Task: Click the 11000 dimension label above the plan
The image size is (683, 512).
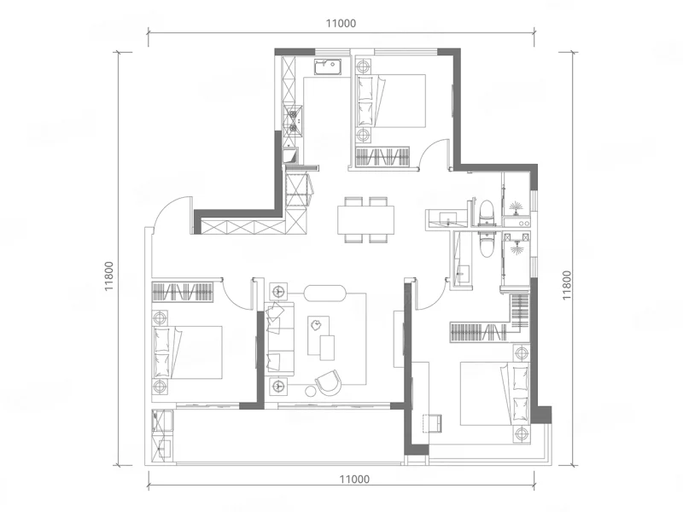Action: [x=341, y=23]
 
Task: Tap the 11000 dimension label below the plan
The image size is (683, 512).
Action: [x=354, y=480]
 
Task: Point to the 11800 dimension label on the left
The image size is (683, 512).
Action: [x=109, y=276]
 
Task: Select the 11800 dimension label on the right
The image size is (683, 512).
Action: [x=566, y=285]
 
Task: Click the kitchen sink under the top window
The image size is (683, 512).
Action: [x=328, y=67]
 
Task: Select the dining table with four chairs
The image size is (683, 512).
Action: [x=366, y=219]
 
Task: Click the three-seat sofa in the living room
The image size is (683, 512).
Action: [x=279, y=337]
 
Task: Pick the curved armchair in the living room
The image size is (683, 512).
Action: [x=328, y=382]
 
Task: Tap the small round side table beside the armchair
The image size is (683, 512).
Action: [x=310, y=392]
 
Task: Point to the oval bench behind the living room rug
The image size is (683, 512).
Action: [x=324, y=293]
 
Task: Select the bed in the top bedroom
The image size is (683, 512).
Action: [x=391, y=101]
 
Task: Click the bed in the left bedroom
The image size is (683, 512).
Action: [x=187, y=352]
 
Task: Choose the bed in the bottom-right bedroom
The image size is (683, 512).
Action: [x=495, y=393]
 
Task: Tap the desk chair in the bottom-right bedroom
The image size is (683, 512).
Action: [x=434, y=423]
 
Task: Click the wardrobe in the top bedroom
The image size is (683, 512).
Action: [x=382, y=157]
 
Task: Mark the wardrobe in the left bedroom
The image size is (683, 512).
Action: [x=183, y=292]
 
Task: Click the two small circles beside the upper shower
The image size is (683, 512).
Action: [x=524, y=224]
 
